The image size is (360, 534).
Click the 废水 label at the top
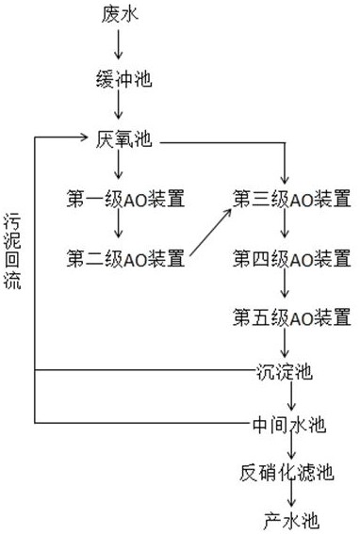pos(119,13)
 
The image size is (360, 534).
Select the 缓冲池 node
pos(119,77)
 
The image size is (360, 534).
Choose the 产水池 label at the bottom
pos(286,519)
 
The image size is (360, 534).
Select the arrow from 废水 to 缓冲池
pos(119,44)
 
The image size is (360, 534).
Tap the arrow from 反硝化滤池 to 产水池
pos(286,496)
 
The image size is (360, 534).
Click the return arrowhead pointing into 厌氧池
pos(87,139)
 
